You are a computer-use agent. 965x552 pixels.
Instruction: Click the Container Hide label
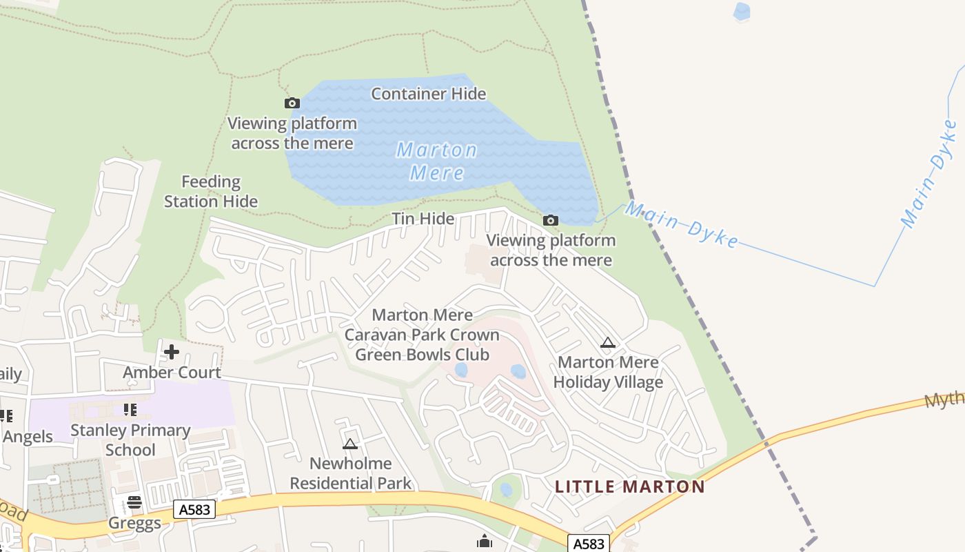click(428, 93)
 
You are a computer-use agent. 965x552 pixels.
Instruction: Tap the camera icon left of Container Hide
click(292, 103)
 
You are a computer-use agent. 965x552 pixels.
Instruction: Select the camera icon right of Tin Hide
click(550, 221)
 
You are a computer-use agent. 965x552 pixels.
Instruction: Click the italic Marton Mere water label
click(436, 161)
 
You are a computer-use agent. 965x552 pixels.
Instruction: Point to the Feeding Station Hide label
click(211, 192)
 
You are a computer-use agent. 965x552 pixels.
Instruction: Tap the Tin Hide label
click(423, 219)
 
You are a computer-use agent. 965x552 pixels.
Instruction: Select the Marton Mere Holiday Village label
click(608, 372)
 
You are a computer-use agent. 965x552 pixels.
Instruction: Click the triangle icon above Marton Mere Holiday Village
click(607, 342)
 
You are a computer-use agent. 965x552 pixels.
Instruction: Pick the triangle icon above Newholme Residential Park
click(350, 444)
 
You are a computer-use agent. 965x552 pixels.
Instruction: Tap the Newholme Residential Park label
click(350, 473)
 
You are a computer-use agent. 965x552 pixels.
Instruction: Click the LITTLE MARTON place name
click(630, 486)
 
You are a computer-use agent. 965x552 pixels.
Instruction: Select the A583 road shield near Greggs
click(194, 509)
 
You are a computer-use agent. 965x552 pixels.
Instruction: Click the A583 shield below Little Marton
click(589, 544)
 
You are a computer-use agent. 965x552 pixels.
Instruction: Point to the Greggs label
click(134, 523)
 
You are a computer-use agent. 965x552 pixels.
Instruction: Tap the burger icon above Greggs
click(134, 502)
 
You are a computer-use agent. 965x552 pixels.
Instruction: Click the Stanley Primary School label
click(130, 440)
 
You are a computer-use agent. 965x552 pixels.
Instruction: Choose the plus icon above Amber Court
click(171, 352)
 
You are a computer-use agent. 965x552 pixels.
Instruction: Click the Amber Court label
click(172, 373)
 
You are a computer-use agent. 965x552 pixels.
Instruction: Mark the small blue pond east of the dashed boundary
click(742, 12)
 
